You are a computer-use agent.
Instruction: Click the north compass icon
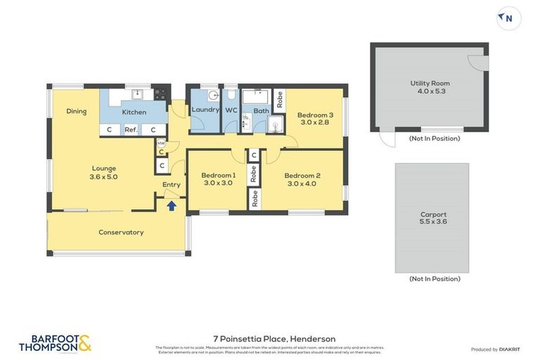(508, 18)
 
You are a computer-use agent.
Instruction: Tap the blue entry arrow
(171, 206)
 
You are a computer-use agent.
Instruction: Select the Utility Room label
(429, 87)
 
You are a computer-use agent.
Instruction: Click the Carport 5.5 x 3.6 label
(432, 218)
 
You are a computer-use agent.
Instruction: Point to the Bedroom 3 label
(315, 118)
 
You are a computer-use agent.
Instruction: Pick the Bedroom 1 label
(218, 179)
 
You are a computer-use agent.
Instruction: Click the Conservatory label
(121, 232)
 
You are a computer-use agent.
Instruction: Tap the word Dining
(77, 111)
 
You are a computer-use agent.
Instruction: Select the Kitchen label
(134, 112)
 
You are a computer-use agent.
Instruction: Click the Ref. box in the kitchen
(131, 129)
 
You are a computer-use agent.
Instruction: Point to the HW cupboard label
(161, 143)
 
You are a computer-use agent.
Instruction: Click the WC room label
(231, 110)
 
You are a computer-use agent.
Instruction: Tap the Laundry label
(205, 110)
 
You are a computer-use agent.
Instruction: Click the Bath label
(261, 110)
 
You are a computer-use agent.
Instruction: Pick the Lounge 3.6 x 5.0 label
(103, 172)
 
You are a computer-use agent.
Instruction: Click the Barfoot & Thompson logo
(55, 343)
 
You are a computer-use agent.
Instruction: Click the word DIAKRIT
(509, 349)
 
